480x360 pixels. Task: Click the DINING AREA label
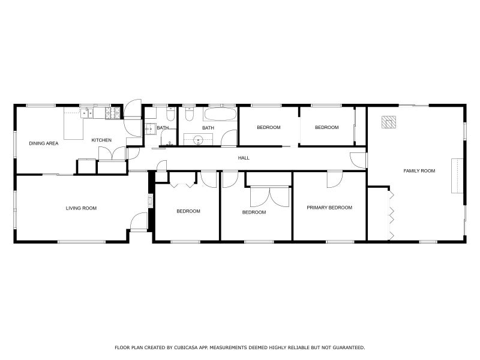pyautogui.click(x=44, y=143)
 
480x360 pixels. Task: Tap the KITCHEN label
pyautogui.click(x=101, y=140)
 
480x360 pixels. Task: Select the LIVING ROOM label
pyautogui.click(x=81, y=208)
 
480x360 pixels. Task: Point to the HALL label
pyautogui.click(x=244, y=158)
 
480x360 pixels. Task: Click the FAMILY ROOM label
pyautogui.click(x=419, y=171)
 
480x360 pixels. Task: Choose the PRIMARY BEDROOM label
pyautogui.click(x=329, y=208)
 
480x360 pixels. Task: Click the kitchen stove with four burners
pyautogui.click(x=112, y=112)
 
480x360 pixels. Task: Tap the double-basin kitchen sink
pyautogui.click(x=87, y=112)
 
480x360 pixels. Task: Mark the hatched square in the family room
pyautogui.click(x=389, y=122)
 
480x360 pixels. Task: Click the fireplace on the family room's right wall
pyautogui.click(x=458, y=176)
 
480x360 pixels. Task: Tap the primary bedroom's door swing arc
pyautogui.click(x=334, y=179)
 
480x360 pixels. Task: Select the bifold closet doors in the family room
pyautogui.click(x=391, y=213)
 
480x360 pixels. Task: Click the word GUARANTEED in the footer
pyautogui.click(x=346, y=347)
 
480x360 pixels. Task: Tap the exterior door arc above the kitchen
pyautogui.click(x=132, y=110)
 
